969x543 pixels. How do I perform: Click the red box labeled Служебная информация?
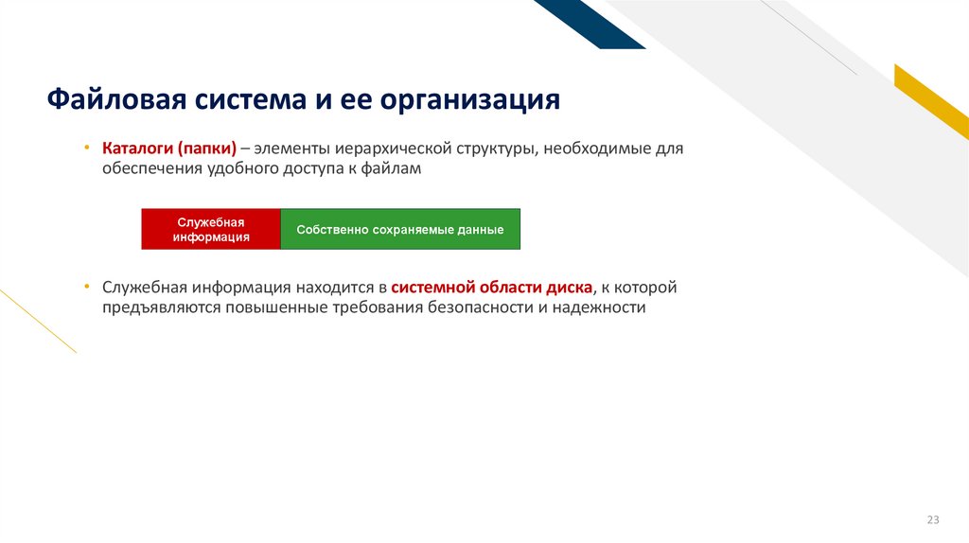(211, 229)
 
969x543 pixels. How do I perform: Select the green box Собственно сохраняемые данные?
(400, 230)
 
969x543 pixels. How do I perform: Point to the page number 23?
(933, 520)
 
